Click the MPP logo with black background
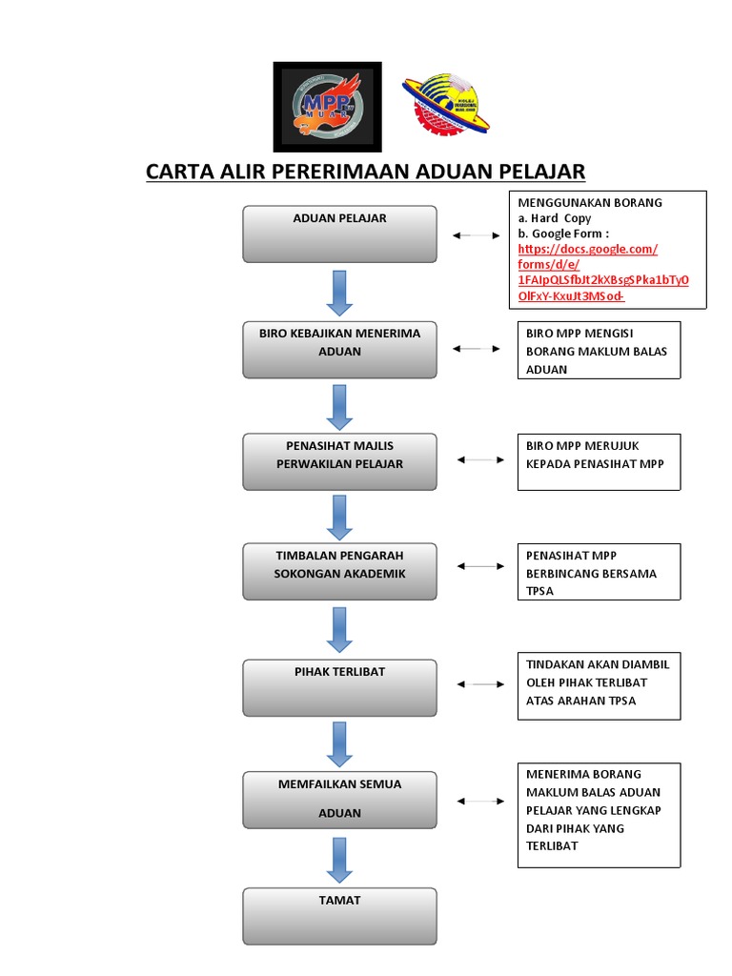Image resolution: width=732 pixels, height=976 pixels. pyautogui.click(x=327, y=106)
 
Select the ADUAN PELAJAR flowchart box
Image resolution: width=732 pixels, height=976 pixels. pyautogui.click(x=339, y=234)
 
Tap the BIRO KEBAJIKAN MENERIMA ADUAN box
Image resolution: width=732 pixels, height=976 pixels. pyautogui.click(x=339, y=349)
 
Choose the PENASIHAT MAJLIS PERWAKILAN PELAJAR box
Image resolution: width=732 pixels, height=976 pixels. pyautogui.click(x=339, y=461)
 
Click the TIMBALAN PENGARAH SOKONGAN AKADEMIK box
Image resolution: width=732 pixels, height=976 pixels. pyautogui.click(x=339, y=571)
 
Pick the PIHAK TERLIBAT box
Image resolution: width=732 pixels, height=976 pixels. pyautogui.click(x=339, y=687)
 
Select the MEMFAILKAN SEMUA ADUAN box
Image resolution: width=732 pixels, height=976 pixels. pyautogui.click(x=339, y=800)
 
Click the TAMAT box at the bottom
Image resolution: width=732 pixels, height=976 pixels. pyautogui.click(x=339, y=915)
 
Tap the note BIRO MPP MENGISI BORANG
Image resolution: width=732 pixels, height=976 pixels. pyautogui.click(x=599, y=350)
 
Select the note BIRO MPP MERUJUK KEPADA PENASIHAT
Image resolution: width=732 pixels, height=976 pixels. pyautogui.click(x=599, y=461)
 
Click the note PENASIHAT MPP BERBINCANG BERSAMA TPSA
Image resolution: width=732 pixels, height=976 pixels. pyautogui.click(x=599, y=572)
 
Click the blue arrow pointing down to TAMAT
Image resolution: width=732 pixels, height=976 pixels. pyautogui.click(x=339, y=861)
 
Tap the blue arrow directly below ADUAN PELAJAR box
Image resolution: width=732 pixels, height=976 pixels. pyautogui.click(x=339, y=293)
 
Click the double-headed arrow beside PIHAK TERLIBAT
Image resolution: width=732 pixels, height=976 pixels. pyautogui.click(x=480, y=684)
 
